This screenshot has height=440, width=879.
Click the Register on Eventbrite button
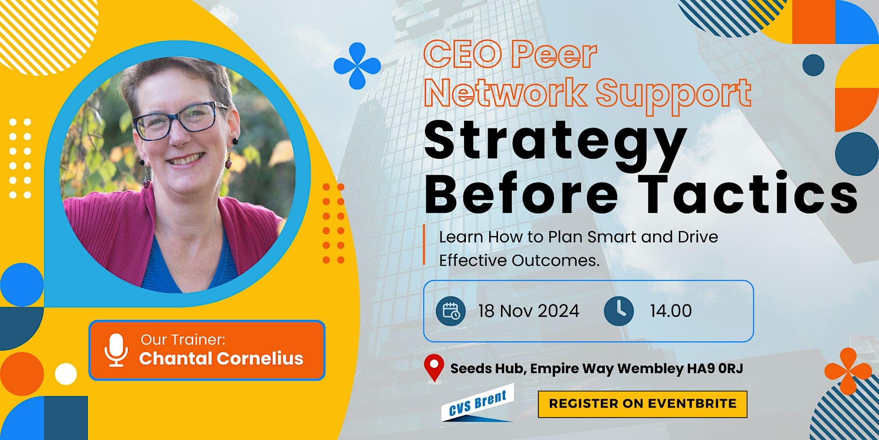[x=643, y=404]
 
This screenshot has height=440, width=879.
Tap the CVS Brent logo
[x=477, y=404]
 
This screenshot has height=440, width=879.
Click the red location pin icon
[x=434, y=368]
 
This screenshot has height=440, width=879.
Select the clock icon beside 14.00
[x=619, y=311]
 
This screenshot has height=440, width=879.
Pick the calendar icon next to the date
[x=451, y=311]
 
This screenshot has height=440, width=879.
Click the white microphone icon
[x=116, y=350]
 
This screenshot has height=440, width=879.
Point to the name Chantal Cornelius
[x=221, y=359]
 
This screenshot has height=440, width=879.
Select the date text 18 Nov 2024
[x=529, y=311]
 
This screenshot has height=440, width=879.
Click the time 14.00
[x=671, y=311]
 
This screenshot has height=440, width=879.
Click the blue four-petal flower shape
[x=357, y=66]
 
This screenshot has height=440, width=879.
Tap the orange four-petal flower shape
[x=848, y=371]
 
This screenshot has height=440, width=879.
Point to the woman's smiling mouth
[x=187, y=159]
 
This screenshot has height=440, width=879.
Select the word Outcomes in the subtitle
[x=556, y=260]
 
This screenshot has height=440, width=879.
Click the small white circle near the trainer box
[x=66, y=374]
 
